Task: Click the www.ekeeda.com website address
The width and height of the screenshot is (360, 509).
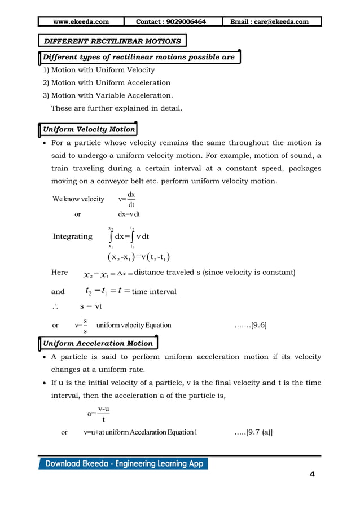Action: click(81, 22)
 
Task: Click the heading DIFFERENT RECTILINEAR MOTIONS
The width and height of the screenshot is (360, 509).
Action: click(113, 41)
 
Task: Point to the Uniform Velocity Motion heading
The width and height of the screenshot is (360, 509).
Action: click(89, 129)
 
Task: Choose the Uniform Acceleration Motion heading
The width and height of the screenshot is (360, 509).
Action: click(98, 343)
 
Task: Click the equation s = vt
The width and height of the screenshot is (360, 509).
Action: click(90, 308)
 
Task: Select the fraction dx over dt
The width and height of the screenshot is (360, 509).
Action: click(131, 199)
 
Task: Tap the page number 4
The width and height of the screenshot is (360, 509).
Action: click(312, 473)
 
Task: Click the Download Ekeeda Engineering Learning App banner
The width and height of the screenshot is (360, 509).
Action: click(123, 464)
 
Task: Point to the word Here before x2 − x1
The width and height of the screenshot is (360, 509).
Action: click(59, 273)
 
